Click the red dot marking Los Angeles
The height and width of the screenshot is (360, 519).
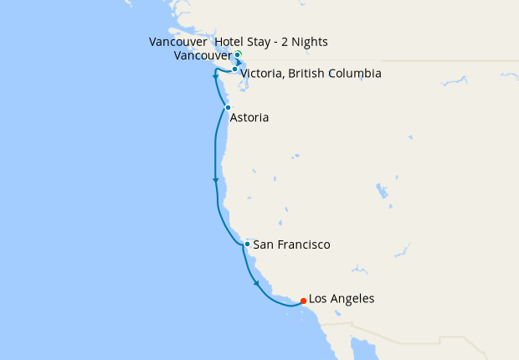pyautogui.click(x=303, y=301)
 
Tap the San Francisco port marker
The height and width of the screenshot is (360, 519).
pyautogui.click(x=247, y=244)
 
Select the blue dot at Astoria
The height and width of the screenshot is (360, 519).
pyautogui.click(x=228, y=107)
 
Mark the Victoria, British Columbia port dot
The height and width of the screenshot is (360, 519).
pyautogui.click(x=234, y=69)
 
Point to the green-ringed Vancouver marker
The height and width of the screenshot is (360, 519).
pyautogui.click(x=238, y=54)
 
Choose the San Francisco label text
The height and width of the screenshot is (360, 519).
pyautogui.click(x=291, y=245)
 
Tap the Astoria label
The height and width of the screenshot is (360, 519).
pyautogui.click(x=249, y=118)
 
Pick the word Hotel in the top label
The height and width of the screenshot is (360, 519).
pyautogui.click(x=232, y=42)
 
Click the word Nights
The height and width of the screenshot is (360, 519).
pyautogui.click(x=306, y=42)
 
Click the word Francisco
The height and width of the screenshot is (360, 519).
pyautogui.click(x=303, y=245)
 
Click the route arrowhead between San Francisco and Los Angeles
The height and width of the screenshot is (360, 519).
pyautogui.click(x=257, y=285)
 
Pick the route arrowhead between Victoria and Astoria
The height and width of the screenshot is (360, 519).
pyautogui.click(x=216, y=78)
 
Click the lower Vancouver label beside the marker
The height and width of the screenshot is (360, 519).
pyautogui.click(x=203, y=55)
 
